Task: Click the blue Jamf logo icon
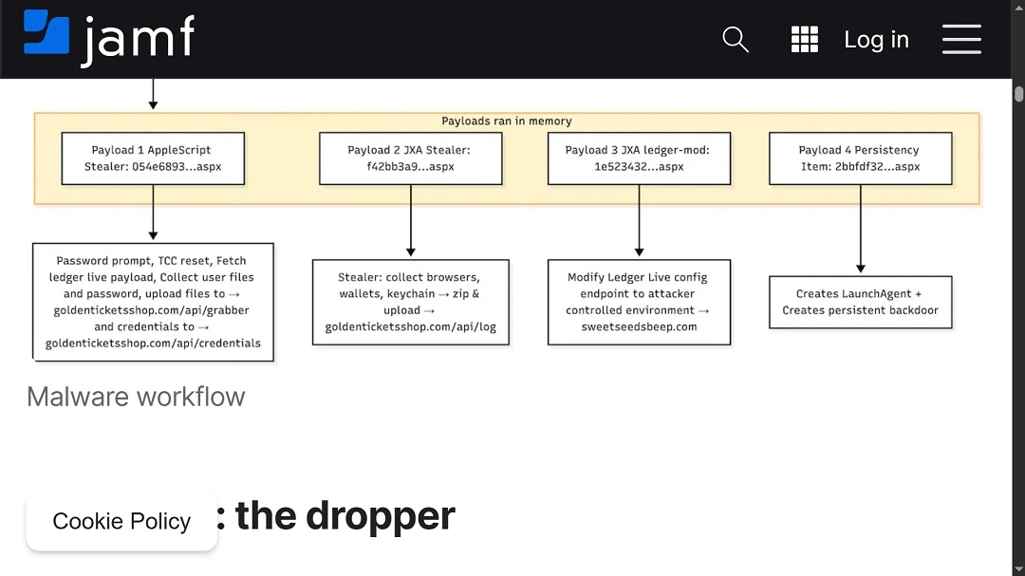[x=47, y=32]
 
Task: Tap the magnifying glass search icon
[x=736, y=39]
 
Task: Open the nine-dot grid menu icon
[x=804, y=39]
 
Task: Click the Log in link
[x=876, y=40]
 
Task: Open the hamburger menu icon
[x=961, y=39]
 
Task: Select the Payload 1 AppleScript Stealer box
[x=153, y=158]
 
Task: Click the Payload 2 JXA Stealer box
[x=410, y=158]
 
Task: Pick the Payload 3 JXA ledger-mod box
[x=639, y=158]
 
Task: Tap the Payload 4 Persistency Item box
[x=860, y=158]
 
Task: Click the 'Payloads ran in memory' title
[x=507, y=121]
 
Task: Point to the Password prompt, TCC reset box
[x=153, y=302]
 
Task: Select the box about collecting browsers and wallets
[x=410, y=302]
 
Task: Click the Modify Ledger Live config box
[x=639, y=302]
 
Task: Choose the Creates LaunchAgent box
[x=860, y=302]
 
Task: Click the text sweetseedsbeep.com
[x=639, y=326]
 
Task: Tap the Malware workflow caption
[x=136, y=397]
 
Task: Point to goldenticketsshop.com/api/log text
[x=410, y=327]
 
